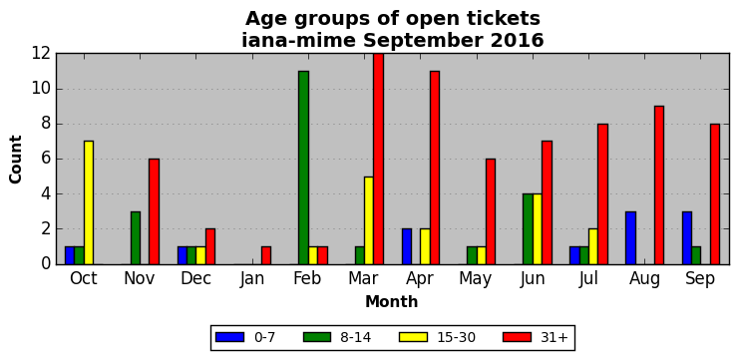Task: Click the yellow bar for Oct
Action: click(x=89, y=202)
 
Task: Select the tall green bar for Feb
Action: click(x=303, y=168)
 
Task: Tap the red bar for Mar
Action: click(x=378, y=160)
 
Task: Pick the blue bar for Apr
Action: click(x=407, y=246)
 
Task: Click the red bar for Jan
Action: click(x=266, y=255)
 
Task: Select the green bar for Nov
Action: click(x=136, y=238)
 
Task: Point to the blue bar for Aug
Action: click(x=631, y=238)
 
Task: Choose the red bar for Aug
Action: click(x=659, y=185)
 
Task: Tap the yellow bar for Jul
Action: click(x=593, y=246)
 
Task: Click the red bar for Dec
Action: click(x=210, y=246)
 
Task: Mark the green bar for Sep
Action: click(x=696, y=255)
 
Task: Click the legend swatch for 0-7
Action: click(x=229, y=337)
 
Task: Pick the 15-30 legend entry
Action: click(x=437, y=337)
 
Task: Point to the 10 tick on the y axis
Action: click(x=41, y=89)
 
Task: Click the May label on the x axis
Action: click(x=476, y=279)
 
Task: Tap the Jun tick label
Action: click(x=533, y=279)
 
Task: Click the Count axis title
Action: click(x=16, y=160)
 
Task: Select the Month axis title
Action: click(x=392, y=301)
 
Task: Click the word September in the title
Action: click(x=423, y=41)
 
